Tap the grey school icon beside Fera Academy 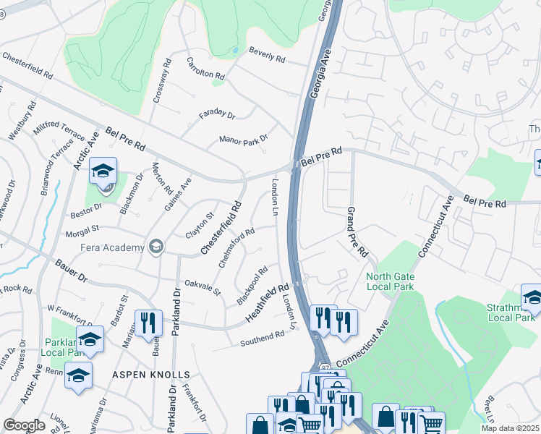pyautogui.click(x=155, y=247)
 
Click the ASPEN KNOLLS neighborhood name pyautogui.click(x=150, y=375)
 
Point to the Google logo pyautogui.click(x=24, y=425)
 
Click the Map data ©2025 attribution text pyautogui.click(x=510, y=428)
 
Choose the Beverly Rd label pyautogui.click(x=267, y=54)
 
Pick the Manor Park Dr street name pyautogui.click(x=244, y=138)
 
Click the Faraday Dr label pyautogui.click(x=217, y=115)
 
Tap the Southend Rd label pyautogui.click(x=263, y=338)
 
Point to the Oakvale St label pyautogui.click(x=202, y=286)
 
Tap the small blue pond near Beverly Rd pyautogui.click(x=235, y=50)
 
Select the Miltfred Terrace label pyautogui.click(x=59, y=131)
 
